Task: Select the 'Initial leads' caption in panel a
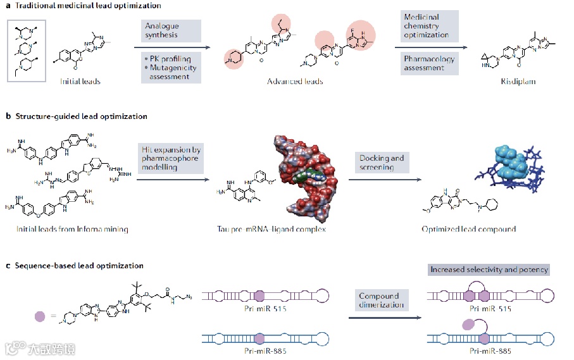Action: [80, 81]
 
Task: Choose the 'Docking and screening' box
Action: [382, 163]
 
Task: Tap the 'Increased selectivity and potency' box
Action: [489, 270]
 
